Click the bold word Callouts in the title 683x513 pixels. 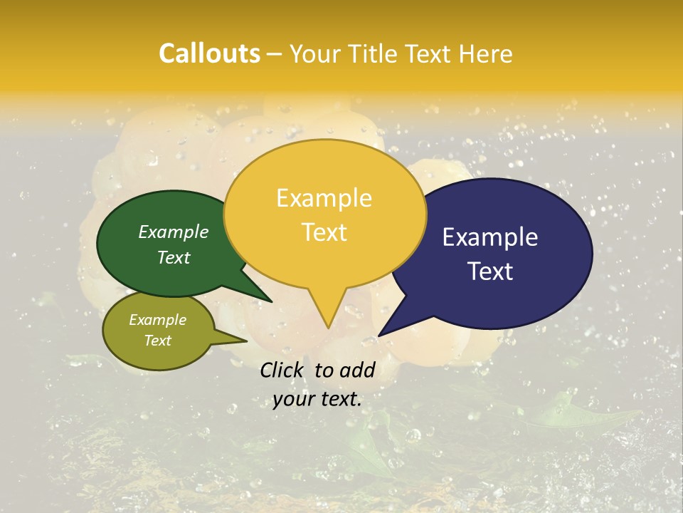click(209, 53)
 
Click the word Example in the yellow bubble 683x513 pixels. click(324, 198)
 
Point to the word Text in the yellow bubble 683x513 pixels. click(324, 232)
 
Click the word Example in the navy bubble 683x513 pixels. click(490, 237)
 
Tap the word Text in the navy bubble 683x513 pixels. click(490, 271)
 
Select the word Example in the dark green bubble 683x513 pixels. click(174, 232)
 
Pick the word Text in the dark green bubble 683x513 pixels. click(174, 257)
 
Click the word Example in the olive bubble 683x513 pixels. click(157, 320)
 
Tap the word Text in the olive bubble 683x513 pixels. click(157, 341)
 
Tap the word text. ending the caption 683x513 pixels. click(340, 399)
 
